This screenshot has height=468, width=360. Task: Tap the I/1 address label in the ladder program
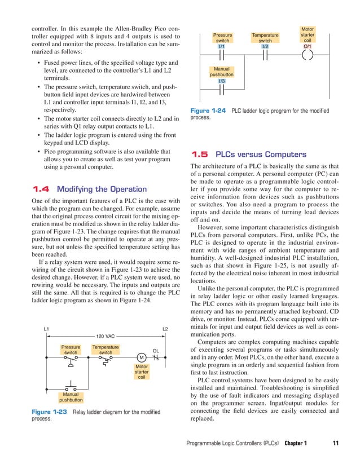(222, 46)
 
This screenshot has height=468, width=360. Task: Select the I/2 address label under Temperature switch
(265, 46)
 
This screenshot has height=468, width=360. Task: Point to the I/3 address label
(222, 81)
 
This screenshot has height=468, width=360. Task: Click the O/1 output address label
(308, 46)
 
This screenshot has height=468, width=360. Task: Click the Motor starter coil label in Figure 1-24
(308, 34)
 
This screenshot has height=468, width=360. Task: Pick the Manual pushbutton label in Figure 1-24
(222, 71)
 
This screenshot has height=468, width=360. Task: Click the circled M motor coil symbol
(141, 357)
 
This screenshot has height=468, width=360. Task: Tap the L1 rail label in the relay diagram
(47, 328)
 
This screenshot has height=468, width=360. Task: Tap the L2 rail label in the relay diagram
(165, 328)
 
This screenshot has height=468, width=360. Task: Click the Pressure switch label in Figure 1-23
(71, 350)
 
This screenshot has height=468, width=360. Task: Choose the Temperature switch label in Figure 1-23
(106, 350)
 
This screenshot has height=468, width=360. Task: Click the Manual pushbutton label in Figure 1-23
(71, 397)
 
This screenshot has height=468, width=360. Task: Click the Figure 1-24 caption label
(209, 111)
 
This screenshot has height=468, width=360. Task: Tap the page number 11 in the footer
(336, 443)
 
